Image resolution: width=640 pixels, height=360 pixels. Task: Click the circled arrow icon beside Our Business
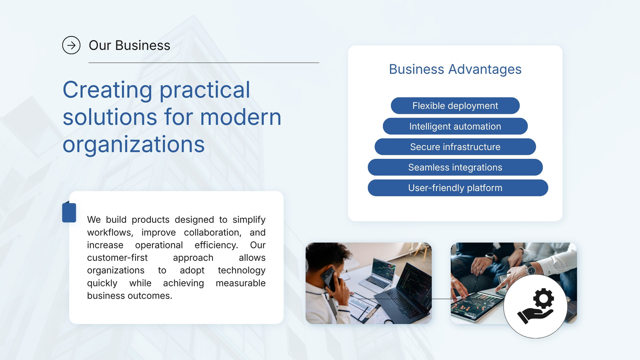pos(71,45)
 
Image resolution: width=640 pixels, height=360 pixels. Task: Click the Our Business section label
pos(130,45)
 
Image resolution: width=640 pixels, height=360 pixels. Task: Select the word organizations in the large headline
pos(134,145)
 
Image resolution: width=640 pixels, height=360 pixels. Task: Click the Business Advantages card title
pos(455,70)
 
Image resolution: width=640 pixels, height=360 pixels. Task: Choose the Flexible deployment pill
pos(455,106)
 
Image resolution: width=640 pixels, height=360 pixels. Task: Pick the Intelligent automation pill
pos(455,126)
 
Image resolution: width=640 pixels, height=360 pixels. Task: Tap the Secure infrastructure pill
pos(455,147)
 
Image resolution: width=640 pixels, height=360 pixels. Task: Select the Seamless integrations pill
pos(455,168)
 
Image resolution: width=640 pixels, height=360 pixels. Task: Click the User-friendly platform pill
pos(458,188)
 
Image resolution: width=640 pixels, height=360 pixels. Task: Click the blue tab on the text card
pos(69,212)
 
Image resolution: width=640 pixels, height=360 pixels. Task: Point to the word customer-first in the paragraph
pos(118,258)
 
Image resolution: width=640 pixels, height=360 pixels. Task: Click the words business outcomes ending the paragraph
pos(130,296)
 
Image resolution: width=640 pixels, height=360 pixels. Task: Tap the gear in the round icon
pos(544,298)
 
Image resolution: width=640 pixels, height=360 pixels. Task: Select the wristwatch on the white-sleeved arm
pos(530,268)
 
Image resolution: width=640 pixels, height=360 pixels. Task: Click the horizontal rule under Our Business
pos(204,62)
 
